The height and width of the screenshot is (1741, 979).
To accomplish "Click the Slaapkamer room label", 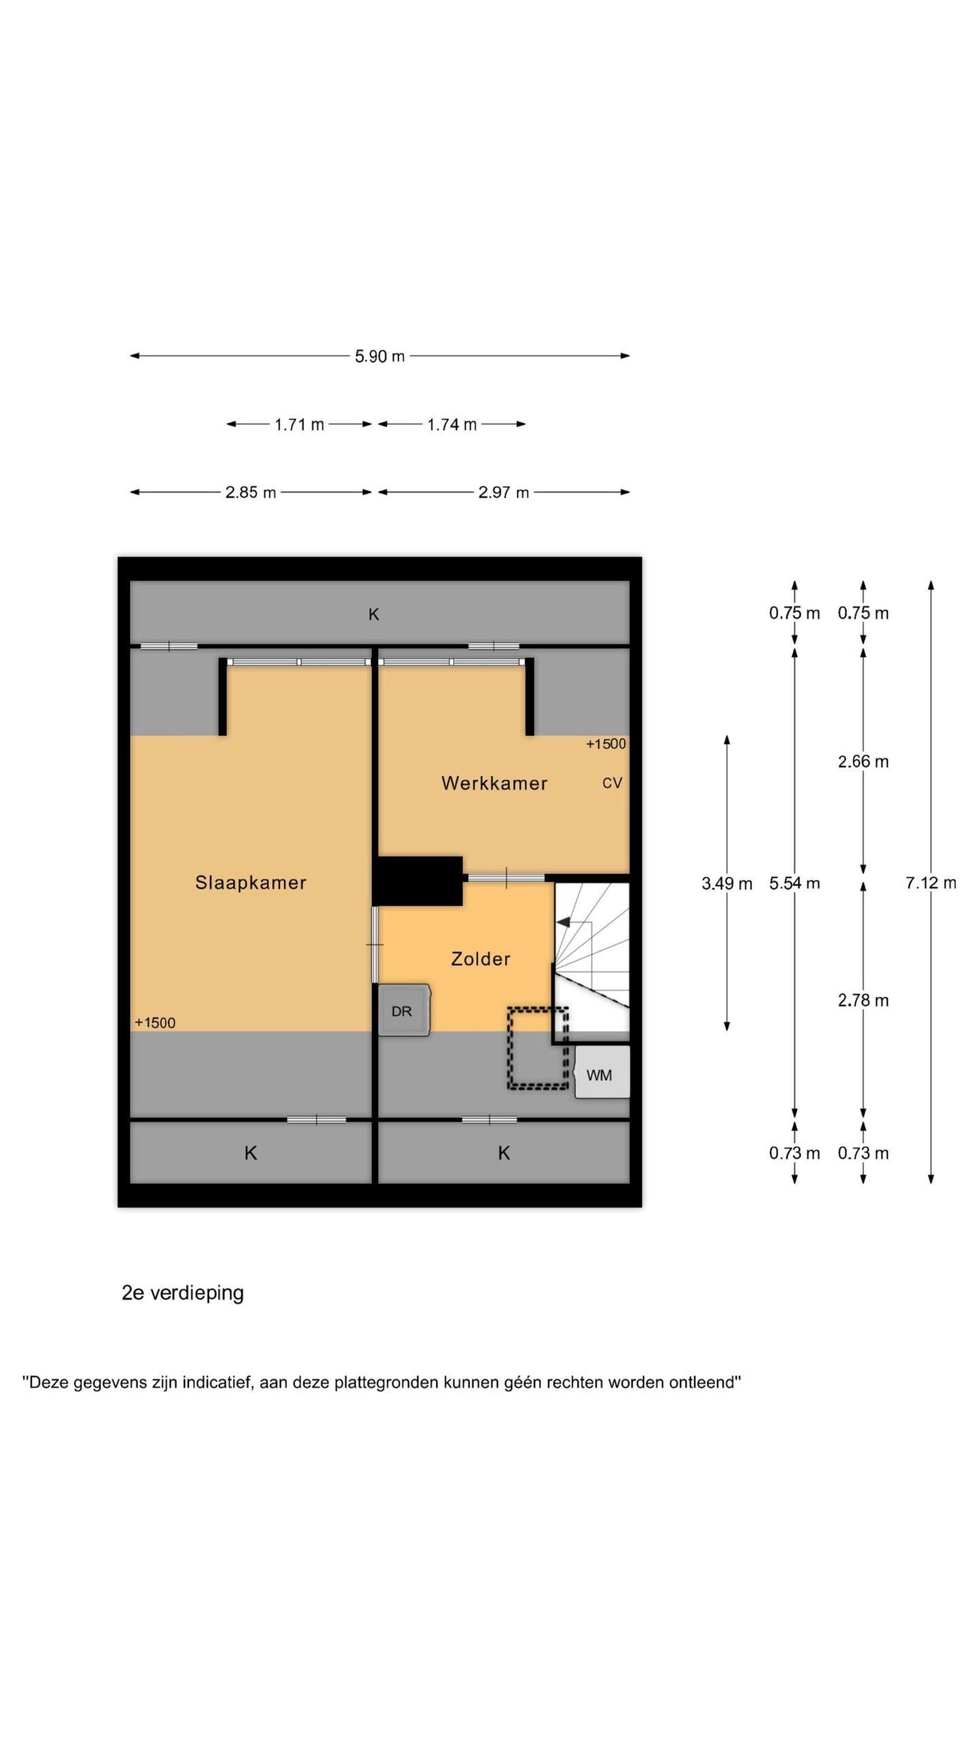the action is (x=250, y=883).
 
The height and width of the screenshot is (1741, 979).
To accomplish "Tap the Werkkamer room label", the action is (x=494, y=783).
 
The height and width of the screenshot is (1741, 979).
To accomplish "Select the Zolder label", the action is (x=481, y=959).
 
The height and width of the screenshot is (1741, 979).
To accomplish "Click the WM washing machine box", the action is (x=602, y=1072).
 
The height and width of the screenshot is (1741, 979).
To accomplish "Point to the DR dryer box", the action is (x=404, y=1010).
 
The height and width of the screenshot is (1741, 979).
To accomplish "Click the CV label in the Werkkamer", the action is (x=612, y=783).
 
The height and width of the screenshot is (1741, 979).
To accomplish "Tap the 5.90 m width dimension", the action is (x=379, y=356).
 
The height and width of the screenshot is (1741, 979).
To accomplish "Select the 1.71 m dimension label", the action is (x=299, y=425).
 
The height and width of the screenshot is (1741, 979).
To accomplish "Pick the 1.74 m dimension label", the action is (x=452, y=425).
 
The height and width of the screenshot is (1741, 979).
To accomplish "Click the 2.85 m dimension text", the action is (x=251, y=493).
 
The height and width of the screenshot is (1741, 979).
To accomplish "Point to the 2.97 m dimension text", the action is (x=503, y=493).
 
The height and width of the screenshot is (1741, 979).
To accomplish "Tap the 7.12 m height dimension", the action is (x=931, y=883).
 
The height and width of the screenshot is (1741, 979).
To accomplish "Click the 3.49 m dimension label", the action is (x=727, y=883).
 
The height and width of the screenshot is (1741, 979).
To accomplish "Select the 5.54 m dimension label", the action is (x=795, y=883).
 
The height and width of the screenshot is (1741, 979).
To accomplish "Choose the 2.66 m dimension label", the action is (x=863, y=762).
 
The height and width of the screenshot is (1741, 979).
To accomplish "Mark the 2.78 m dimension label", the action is (x=863, y=1000).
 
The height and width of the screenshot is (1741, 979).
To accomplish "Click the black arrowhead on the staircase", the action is (x=563, y=922).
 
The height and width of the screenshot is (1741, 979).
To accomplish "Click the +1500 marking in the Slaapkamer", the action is (x=155, y=1023).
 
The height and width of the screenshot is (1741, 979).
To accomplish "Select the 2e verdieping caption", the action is (x=183, y=1293).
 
